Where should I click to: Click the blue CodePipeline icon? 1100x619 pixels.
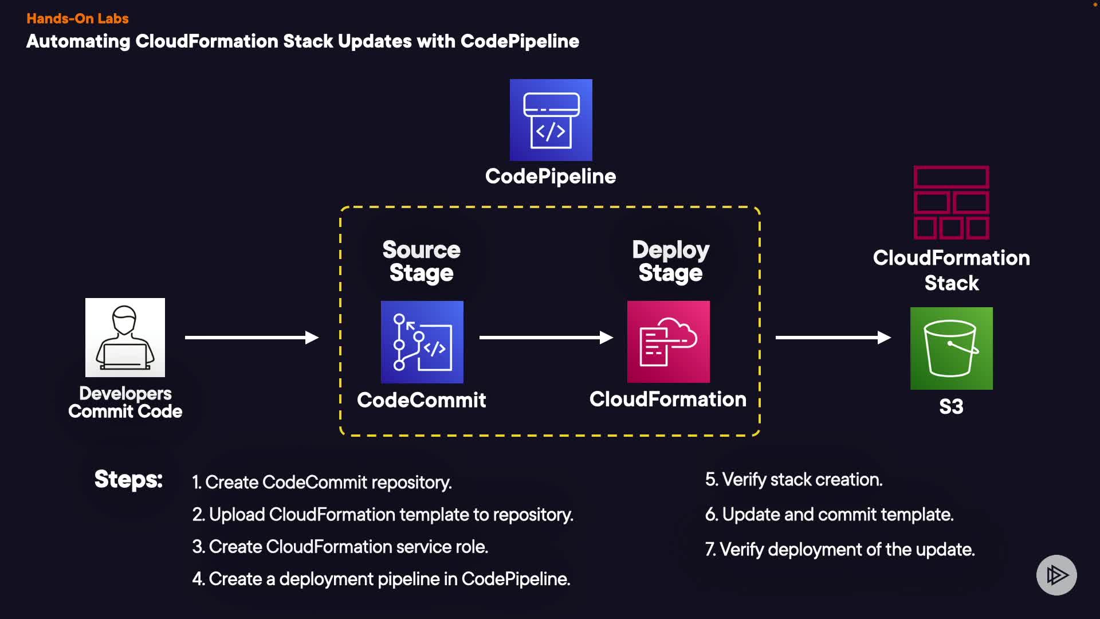point(551,120)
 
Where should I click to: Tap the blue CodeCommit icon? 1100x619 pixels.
point(422,342)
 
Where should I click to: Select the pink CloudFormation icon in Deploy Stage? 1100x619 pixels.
point(668,342)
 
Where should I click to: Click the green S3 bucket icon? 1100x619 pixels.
point(951,348)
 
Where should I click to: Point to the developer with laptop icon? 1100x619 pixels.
point(125,337)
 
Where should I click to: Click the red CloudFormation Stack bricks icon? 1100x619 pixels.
point(951,202)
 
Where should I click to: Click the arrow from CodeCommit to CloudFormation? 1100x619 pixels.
point(545,338)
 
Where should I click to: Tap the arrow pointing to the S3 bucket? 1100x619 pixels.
point(832,338)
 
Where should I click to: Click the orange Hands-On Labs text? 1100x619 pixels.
point(77,18)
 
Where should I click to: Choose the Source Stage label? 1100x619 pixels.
point(421,261)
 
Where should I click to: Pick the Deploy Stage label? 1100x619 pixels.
point(670,261)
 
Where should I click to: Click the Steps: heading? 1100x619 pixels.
point(128,479)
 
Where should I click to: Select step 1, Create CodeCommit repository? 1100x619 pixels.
point(322,483)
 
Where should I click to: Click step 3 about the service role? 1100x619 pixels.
point(340,547)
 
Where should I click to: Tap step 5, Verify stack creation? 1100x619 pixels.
point(793,480)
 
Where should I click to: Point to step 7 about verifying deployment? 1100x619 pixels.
point(839,550)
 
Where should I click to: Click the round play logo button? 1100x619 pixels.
point(1056,575)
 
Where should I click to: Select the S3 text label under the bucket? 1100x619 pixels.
point(951,407)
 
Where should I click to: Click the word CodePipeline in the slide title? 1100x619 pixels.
point(520,41)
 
